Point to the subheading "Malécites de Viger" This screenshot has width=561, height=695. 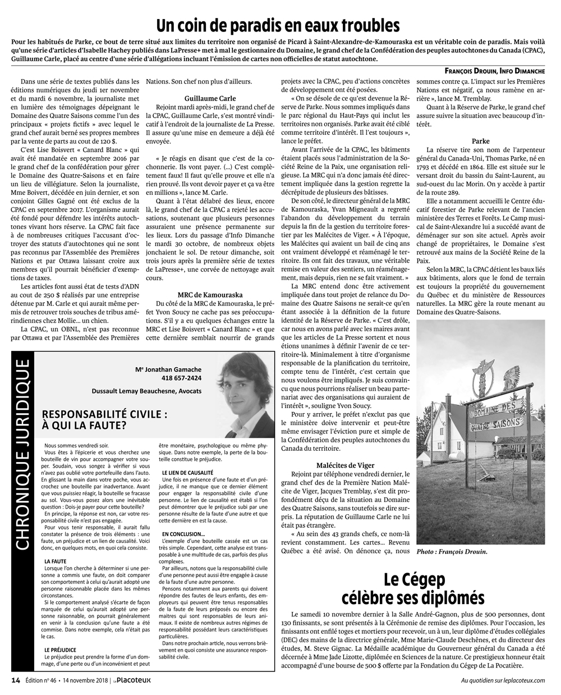[x=345, y=465]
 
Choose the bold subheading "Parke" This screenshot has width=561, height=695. [x=481, y=141]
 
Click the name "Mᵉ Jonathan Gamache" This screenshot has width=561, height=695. [x=168, y=369]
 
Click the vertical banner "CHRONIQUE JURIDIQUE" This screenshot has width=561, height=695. [x=22, y=456]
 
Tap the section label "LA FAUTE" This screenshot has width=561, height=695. [x=54, y=561]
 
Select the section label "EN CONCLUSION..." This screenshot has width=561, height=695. [x=183, y=533]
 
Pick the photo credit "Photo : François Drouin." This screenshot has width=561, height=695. [x=452, y=552]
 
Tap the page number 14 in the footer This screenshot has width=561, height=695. [x=16, y=680]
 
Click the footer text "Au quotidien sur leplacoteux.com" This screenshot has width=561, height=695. [x=503, y=680]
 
